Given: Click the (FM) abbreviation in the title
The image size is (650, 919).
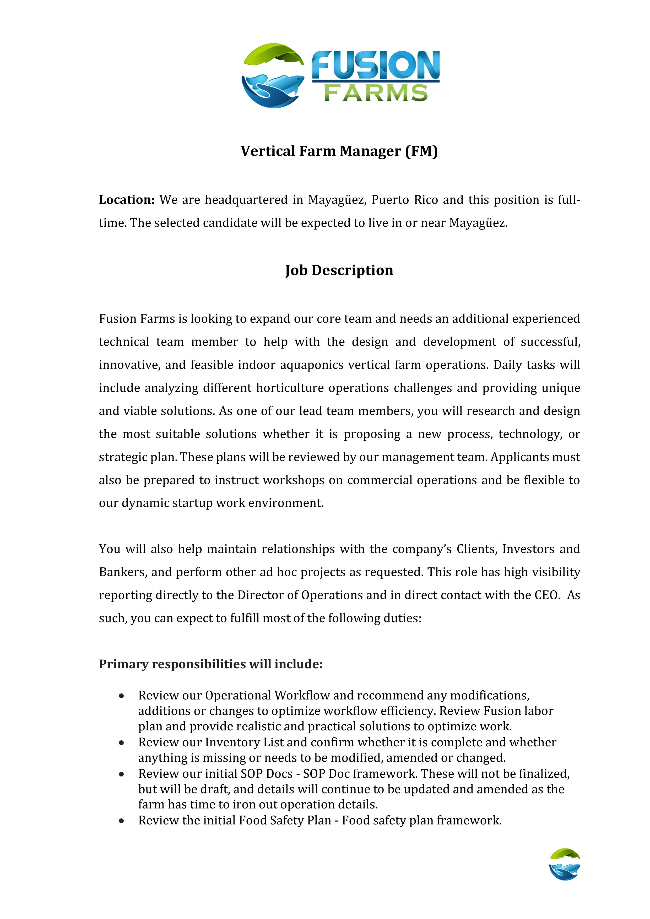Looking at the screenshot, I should point(421,151).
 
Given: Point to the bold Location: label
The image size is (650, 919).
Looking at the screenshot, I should point(127,200).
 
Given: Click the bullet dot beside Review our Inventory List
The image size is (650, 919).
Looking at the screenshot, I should point(121,742).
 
